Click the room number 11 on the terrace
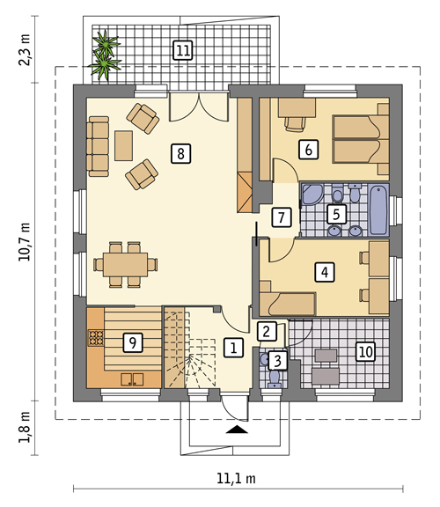pos(183,50)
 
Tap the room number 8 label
pos(180,153)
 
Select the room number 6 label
pos(308,150)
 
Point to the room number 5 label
pos(336,214)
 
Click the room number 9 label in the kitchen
pos(133,342)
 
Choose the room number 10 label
pos(366,351)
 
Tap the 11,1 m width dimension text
pos(236,478)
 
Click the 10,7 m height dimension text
pos(25,241)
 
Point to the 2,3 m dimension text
pos(25,49)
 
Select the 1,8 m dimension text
pos(25,427)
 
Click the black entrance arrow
pos(237,429)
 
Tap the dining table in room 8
pos(126,264)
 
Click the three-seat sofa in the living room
pos(98,146)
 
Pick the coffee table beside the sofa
pos(123,145)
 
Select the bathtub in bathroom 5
pos(378,209)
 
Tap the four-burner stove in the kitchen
pos(96,338)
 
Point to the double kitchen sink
pos(132,379)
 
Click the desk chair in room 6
pos(295,124)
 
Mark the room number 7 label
pos(282,217)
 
